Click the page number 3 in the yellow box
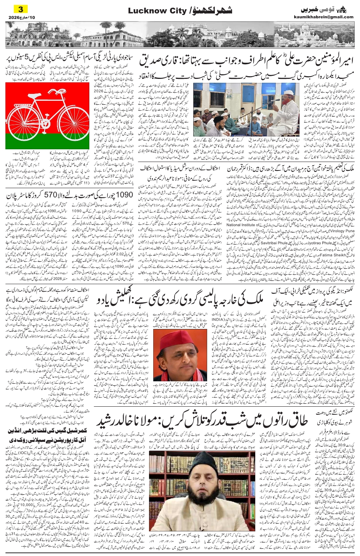[x=21, y=9]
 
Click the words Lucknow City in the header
[x=152, y=11]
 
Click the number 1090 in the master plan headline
[x=119, y=195]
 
